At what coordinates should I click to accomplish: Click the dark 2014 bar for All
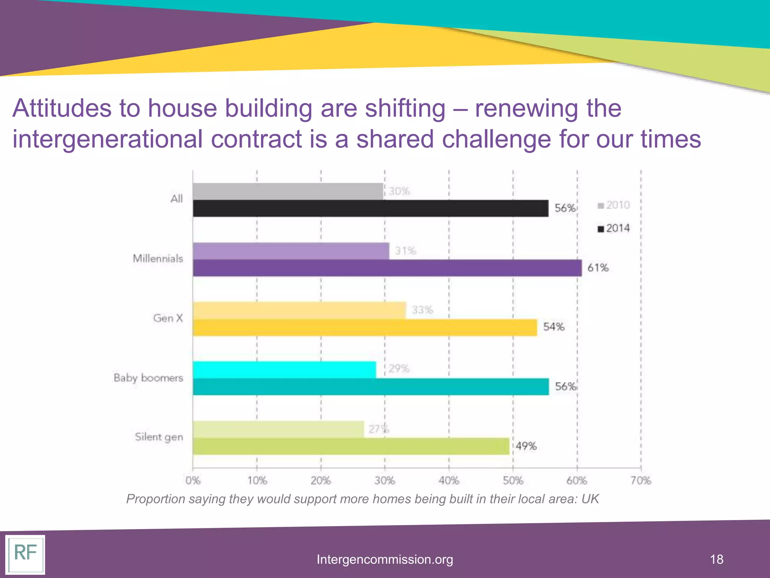[x=370, y=208]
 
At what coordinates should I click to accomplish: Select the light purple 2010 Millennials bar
[x=291, y=251]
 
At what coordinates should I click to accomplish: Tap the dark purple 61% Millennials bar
[x=387, y=268]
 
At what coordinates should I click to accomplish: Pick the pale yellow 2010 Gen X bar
[x=299, y=310]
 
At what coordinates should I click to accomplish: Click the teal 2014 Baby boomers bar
[x=370, y=387]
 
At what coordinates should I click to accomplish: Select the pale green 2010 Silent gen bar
[x=278, y=429]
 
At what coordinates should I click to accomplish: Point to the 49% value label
[x=526, y=446]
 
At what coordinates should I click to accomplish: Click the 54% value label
[x=553, y=327]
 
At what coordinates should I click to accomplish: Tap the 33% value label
[x=422, y=310]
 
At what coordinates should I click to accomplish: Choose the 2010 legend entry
[x=614, y=205]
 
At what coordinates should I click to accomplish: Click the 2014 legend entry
[x=614, y=228]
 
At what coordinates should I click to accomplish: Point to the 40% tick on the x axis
[x=449, y=481]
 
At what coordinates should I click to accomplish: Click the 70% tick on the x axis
[x=641, y=481]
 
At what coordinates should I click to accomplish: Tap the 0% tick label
[x=193, y=481]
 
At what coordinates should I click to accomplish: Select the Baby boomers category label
[x=148, y=378]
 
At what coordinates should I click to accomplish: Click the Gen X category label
[x=168, y=318]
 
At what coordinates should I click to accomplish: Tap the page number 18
[x=717, y=559]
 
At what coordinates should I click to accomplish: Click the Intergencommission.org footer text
[x=385, y=560]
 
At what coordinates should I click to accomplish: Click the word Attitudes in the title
[x=62, y=108]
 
